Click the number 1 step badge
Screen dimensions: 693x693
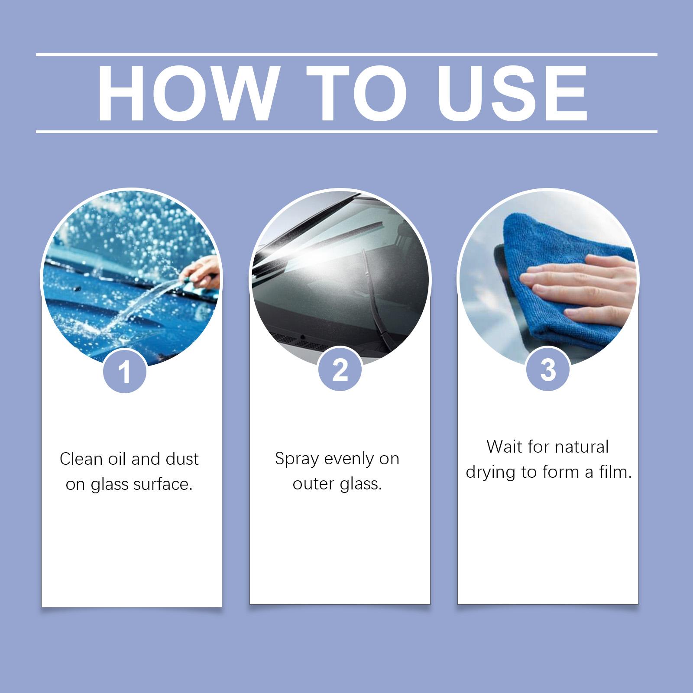pyautogui.click(x=125, y=371)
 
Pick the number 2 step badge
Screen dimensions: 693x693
pyautogui.click(x=340, y=369)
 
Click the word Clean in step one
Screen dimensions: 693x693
pyautogui.click(x=81, y=459)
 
